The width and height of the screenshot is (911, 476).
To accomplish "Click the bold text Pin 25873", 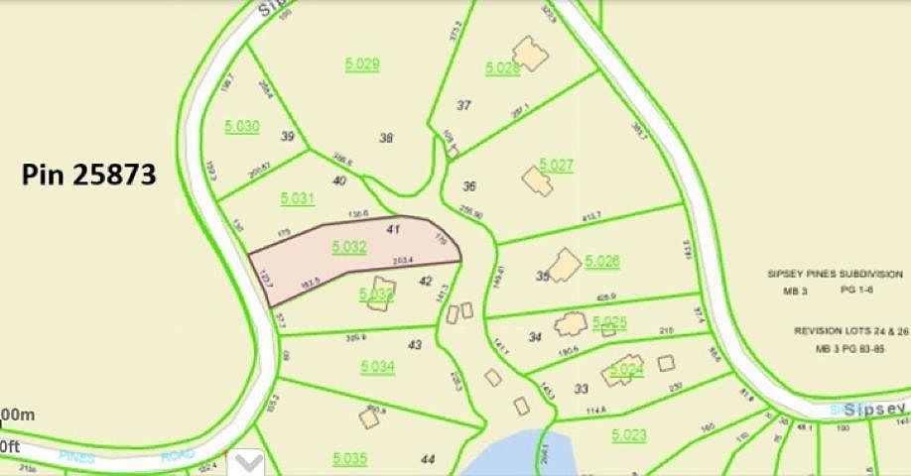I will pyautogui.click(x=89, y=175).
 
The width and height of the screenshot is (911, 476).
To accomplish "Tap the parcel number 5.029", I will pyautogui.click(x=362, y=64).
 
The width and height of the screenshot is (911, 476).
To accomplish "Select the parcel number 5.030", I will pyautogui.click(x=241, y=126).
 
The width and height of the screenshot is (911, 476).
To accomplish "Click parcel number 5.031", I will pyautogui.click(x=297, y=198).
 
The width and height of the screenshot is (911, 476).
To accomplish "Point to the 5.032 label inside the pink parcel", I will pyautogui.click(x=350, y=247).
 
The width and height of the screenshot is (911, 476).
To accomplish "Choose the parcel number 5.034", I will pyautogui.click(x=377, y=367).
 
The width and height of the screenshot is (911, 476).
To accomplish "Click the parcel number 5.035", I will pyautogui.click(x=349, y=457).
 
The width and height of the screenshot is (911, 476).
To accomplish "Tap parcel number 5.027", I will pyautogui.click(x=556, y=165).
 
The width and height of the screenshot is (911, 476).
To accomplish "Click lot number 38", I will pyautogui.click(x=386, y=138).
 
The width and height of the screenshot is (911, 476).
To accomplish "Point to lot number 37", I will pyautogui.click(x=463, y=104).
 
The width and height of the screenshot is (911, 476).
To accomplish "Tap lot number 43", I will pyautogui.click(x=415, y=344).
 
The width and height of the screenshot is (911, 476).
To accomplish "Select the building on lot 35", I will pyautogui.click(x=565, y=266).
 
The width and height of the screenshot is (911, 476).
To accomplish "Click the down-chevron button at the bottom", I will pyautogui.click(x=247, y=462).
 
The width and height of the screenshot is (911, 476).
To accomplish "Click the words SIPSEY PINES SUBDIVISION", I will pyautogui.click(x=835, y=274).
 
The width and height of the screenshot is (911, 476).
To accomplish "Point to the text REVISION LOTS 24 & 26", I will pyautogui.click(x=849, y=333).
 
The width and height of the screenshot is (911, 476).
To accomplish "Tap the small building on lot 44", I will pyautogui.click(x=369, y=418).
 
